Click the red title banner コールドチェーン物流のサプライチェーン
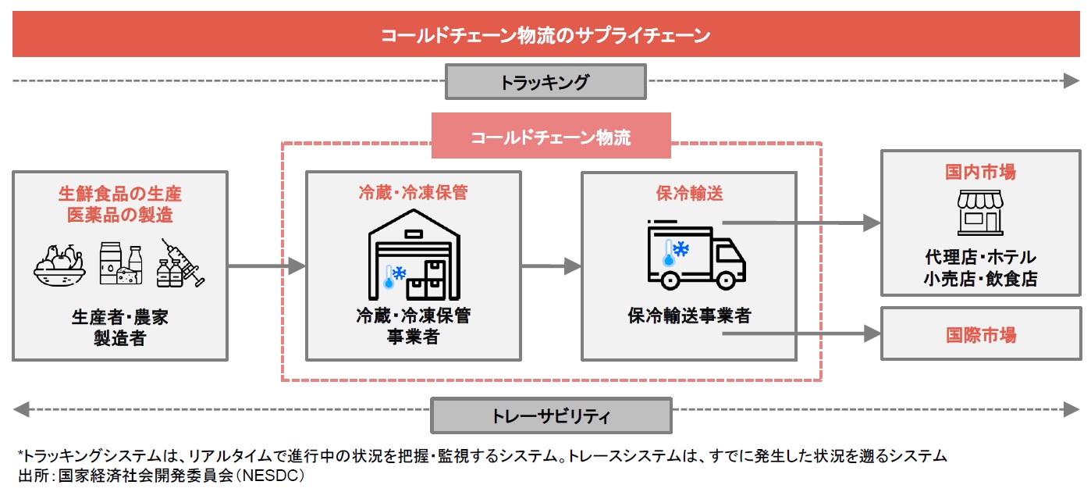[545, 35]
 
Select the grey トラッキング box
[545, 81]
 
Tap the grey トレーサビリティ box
[551, 415]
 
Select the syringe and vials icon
[179, 263]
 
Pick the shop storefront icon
[980, 211]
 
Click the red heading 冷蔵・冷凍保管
[413, 193]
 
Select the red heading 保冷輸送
[689, 193]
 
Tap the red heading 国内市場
[980, 172]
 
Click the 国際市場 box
[981, 334]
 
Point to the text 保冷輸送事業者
[689, 316]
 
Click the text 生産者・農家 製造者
[120, 328]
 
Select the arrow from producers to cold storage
[266, 266]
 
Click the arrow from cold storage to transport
[551, 266]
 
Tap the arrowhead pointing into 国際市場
[872, 334]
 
